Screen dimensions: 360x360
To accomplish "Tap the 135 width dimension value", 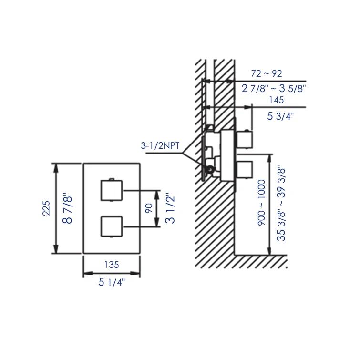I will [111, 265].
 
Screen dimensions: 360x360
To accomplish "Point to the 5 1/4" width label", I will [112, 282].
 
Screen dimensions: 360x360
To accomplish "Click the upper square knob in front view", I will [111, 192].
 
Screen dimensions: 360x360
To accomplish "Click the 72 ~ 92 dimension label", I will [267, 73].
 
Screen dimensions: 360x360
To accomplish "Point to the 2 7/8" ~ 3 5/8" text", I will [274, 88].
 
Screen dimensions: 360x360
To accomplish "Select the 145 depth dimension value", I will [276, 100].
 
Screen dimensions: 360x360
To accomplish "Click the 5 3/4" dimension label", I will [280, 116].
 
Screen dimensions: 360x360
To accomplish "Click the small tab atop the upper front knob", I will [111, 179].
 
